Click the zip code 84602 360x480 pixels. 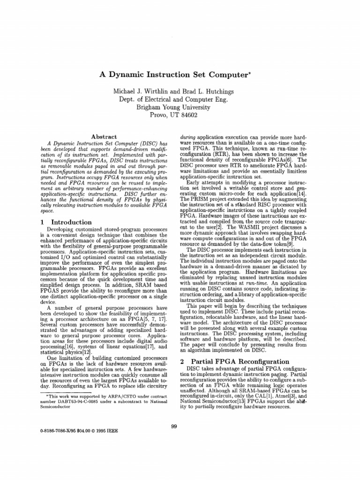coord(199,115)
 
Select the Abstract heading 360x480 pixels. coord(103,136)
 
